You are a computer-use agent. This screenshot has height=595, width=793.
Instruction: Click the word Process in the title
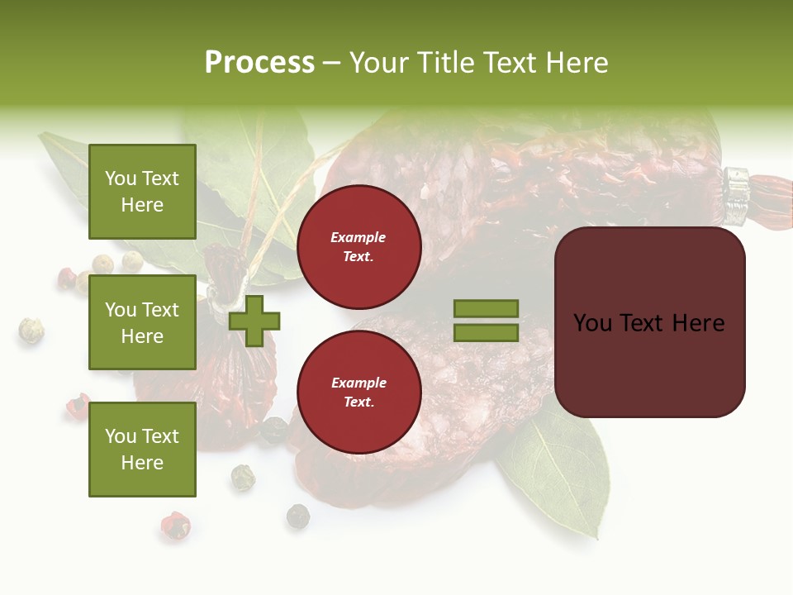(259, 63)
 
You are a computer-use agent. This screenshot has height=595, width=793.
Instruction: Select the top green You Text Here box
(142, 192)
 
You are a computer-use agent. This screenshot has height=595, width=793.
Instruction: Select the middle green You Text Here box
(142, 322)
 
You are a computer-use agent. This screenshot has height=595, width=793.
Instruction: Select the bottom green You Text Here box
(142, 449)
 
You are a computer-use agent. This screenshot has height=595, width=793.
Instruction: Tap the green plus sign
(254, 321)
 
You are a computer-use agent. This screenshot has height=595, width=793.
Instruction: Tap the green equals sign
(486, 321)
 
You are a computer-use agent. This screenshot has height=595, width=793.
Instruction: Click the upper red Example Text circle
(359, 246)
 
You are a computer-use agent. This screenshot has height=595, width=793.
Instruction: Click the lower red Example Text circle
(359, 392)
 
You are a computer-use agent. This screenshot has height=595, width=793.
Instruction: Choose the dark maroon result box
(649, 322)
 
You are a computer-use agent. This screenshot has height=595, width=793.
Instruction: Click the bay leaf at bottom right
(562, 471)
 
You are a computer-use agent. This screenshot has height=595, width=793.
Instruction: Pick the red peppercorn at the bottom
(174, 526)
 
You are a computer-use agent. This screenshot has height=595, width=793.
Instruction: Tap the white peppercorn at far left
(31, 331)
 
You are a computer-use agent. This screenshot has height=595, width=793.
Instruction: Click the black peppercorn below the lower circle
(298, 516)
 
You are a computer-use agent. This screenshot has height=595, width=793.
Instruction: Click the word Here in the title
(577, 63)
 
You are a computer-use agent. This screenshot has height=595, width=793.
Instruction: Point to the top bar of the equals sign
(486, 309)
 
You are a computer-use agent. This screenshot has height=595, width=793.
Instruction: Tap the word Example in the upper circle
(359, 237)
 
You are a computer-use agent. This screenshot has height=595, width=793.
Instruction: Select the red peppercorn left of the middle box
(66, 278)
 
